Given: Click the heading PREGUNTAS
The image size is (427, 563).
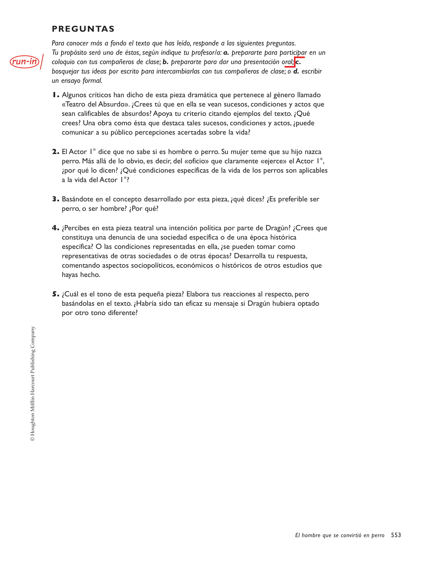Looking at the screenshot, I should tap(83, 29).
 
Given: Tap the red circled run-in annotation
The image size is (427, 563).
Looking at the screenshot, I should tap(24, 62).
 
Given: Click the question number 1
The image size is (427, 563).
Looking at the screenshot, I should tap(55, 95).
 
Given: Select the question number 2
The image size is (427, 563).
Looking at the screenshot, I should tap(55, 152).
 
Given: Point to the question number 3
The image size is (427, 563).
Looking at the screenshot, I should tap(55, 199).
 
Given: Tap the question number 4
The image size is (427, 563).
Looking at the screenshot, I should tap(55, 228).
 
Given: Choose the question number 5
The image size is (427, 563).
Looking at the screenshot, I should tap(55, 294).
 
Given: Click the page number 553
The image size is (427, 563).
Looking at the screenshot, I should tap(396, 535).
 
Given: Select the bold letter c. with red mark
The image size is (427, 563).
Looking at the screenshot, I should tap(298, 62).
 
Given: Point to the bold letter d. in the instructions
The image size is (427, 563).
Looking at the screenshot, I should tap(296, 71).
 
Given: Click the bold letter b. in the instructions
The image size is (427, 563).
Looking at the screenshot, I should tap(165, 62).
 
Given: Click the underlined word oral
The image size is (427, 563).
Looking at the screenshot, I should tap(287, 62).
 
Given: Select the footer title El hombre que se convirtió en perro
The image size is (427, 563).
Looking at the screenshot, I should tap(340, 535).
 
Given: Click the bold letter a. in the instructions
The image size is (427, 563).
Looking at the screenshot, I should tap(226, 53).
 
